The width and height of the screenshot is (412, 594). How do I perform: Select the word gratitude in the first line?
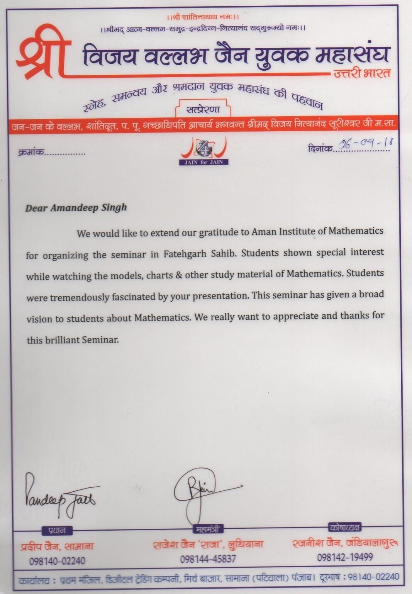pyautogui.click(x=219, y=232)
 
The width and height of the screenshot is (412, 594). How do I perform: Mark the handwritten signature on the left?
pyautogui.click(x=60, y=496)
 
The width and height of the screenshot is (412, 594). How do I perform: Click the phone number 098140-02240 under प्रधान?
pyautogui.click(x=57, y=561)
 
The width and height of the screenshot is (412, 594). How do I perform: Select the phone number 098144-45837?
pyautogui.click(x=208, y=558)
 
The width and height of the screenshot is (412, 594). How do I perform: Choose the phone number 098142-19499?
pyautogui.click(x=345, y=557)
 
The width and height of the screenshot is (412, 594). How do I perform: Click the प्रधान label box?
pyautogui.click(x=57, y=531)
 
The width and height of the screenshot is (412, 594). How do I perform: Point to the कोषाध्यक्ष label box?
pyautogui.click(x=345, y=527)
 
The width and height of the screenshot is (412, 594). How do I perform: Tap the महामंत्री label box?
pyautogui.click(x=207, y=529)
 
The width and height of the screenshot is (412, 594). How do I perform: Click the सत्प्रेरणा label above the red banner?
pyautogui.click(x=203, y=109)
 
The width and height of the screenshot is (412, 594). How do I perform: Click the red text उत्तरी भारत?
pyautogui.click(x=362, y=73)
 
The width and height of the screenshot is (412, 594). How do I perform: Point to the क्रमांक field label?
pyautogui.click(x=31, y=153)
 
